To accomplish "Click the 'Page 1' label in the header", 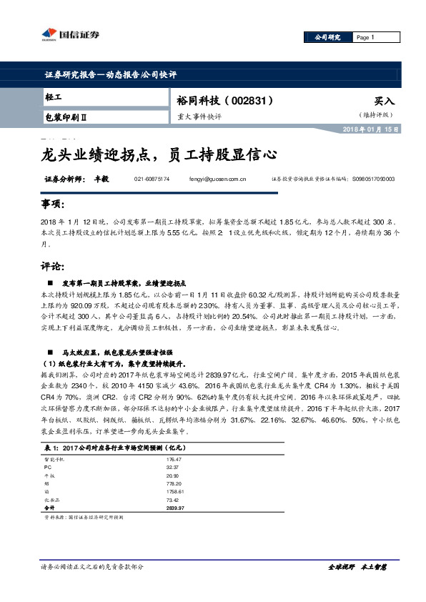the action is (x=365, y=36).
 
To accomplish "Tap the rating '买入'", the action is (x=384, y=102).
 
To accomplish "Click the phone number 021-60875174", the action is (x=152, y=179).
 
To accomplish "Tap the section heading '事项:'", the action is (x=52, y=205).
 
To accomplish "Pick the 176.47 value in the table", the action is (x=174, y=459).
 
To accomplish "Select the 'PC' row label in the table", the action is (x=47, y=467).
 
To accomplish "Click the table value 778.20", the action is (x=174, y=483).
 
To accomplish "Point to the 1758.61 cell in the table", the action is (x=175, y=491).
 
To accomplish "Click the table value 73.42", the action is (x=173, y=499).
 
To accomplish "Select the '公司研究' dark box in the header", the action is (x=323, y=36).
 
